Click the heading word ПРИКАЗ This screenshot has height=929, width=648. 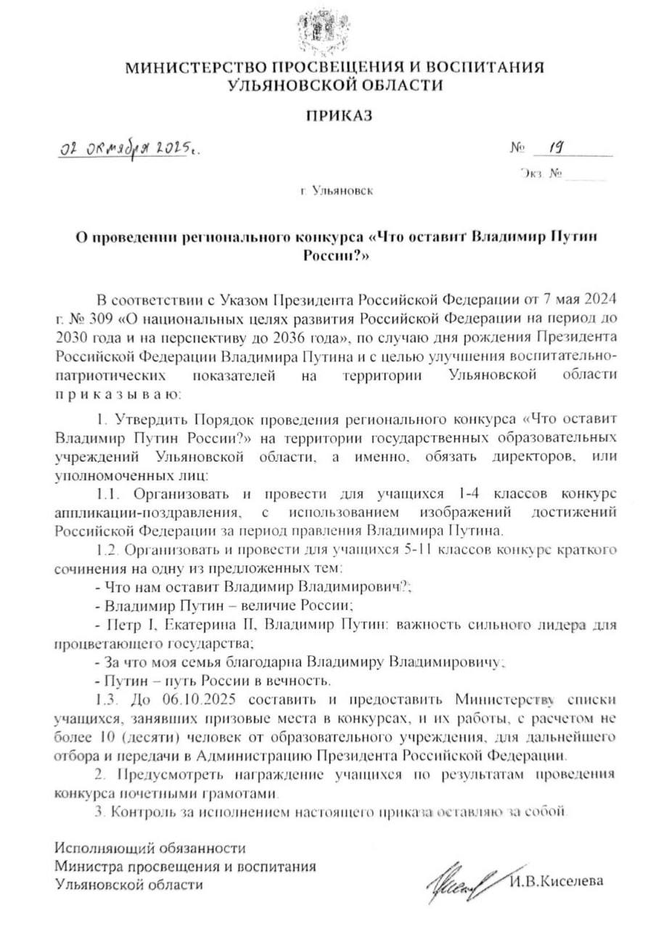pyautogui.click(x=335, y=115)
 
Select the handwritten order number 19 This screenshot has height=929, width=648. pyautogui.click(x=556, y=149)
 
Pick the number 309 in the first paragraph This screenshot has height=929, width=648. pyautogui.click(x=110, y=318)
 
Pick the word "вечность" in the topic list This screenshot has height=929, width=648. pyautogui.click(x=304, y=681)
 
